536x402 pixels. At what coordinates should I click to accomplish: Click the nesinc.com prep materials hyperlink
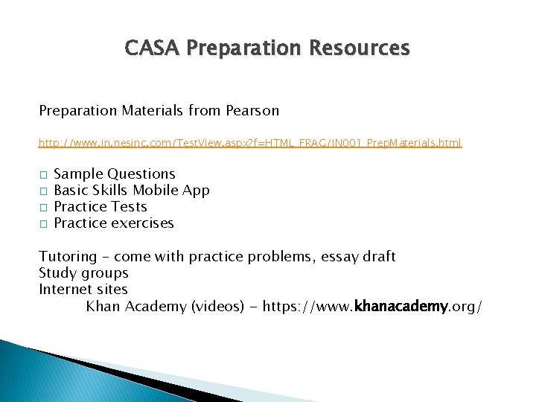click(x=250, y=142)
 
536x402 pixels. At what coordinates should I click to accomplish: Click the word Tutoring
click(x=68, y=257)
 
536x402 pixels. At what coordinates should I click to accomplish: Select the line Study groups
click(x=83, y=273)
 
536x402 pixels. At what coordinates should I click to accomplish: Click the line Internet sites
click(x=83, y=290)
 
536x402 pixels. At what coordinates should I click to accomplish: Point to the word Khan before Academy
click(x=103, y=306)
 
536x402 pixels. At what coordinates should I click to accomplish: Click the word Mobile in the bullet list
click(x=154, y=191)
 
